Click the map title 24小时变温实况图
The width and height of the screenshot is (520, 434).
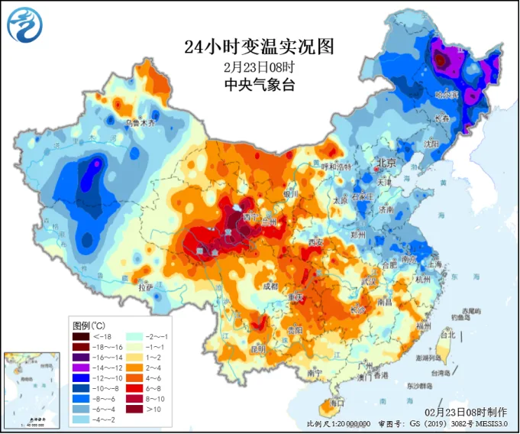tap(260, 47)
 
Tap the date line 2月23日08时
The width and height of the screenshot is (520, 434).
tap(260, 66)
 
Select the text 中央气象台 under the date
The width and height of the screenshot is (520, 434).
tap(260, 84)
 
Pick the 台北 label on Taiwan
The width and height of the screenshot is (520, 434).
tap(448, 334)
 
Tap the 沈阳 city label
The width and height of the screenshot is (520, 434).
tap(433, 143)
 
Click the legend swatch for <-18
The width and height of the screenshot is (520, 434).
tap(81, 336)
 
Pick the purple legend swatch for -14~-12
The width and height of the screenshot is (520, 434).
tap(81, 367)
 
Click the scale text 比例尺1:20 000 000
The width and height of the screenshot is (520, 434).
tap(338, 423)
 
